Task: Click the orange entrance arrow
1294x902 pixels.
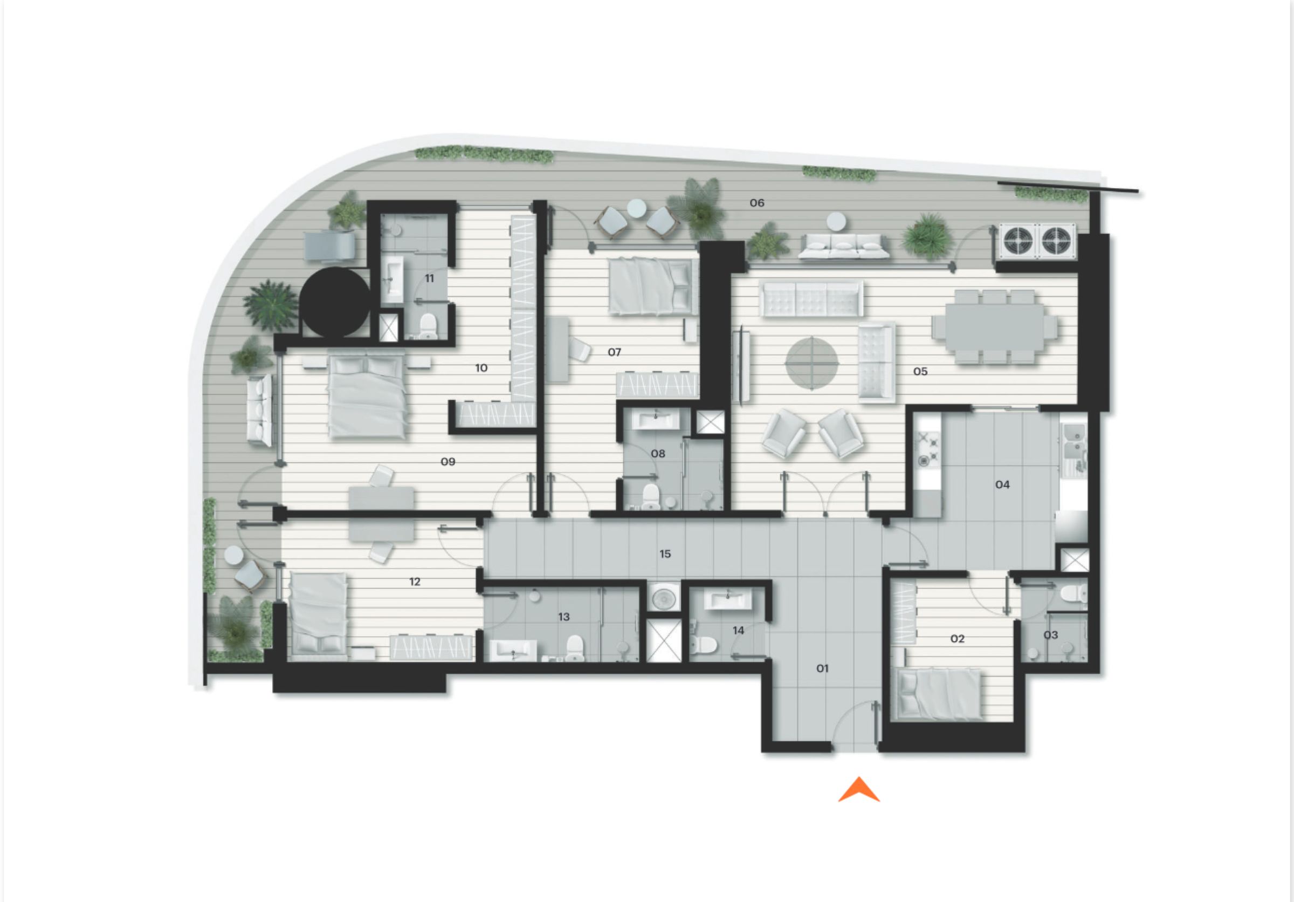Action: (x=858, y=790)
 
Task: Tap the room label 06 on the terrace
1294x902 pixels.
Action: (x=757, y=203)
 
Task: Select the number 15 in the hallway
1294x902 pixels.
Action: (x=665, y=554)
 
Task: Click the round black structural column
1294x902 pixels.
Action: (x=335, y=302)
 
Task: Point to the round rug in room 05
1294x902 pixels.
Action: (x=811, y=363)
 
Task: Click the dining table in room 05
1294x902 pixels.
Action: (x=994, y=327)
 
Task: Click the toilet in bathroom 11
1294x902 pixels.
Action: (x=428, y=326)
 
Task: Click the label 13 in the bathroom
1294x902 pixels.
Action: (x=563, y=617)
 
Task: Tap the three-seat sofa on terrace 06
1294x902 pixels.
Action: (x=844, y=247)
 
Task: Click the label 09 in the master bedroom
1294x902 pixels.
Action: (x=448, y=462)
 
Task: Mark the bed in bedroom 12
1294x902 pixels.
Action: (x=318, y=616)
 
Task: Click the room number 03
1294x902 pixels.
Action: (x=1050, y=635)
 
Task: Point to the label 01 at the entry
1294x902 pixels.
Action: (x=822, y=668)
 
